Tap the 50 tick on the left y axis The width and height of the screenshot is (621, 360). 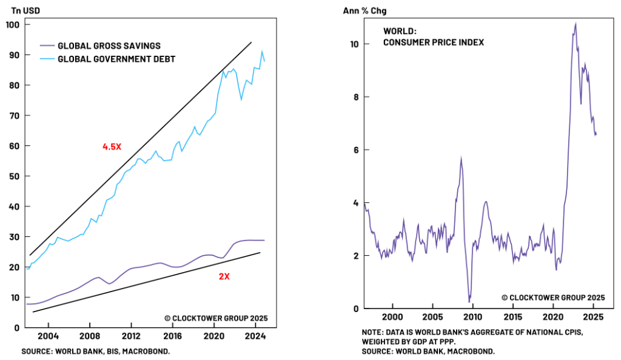(15, 176)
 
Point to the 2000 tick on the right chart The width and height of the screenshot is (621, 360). (392, 317)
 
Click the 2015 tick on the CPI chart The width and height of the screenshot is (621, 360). (512, 317)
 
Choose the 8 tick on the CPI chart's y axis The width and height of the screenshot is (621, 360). (355, 97)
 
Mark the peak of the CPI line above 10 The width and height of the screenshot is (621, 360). (575, 24)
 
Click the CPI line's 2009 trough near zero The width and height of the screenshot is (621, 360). (469, 301)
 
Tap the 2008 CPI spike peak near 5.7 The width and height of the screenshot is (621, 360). (461, 158)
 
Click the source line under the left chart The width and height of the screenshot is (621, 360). (95, 352)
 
